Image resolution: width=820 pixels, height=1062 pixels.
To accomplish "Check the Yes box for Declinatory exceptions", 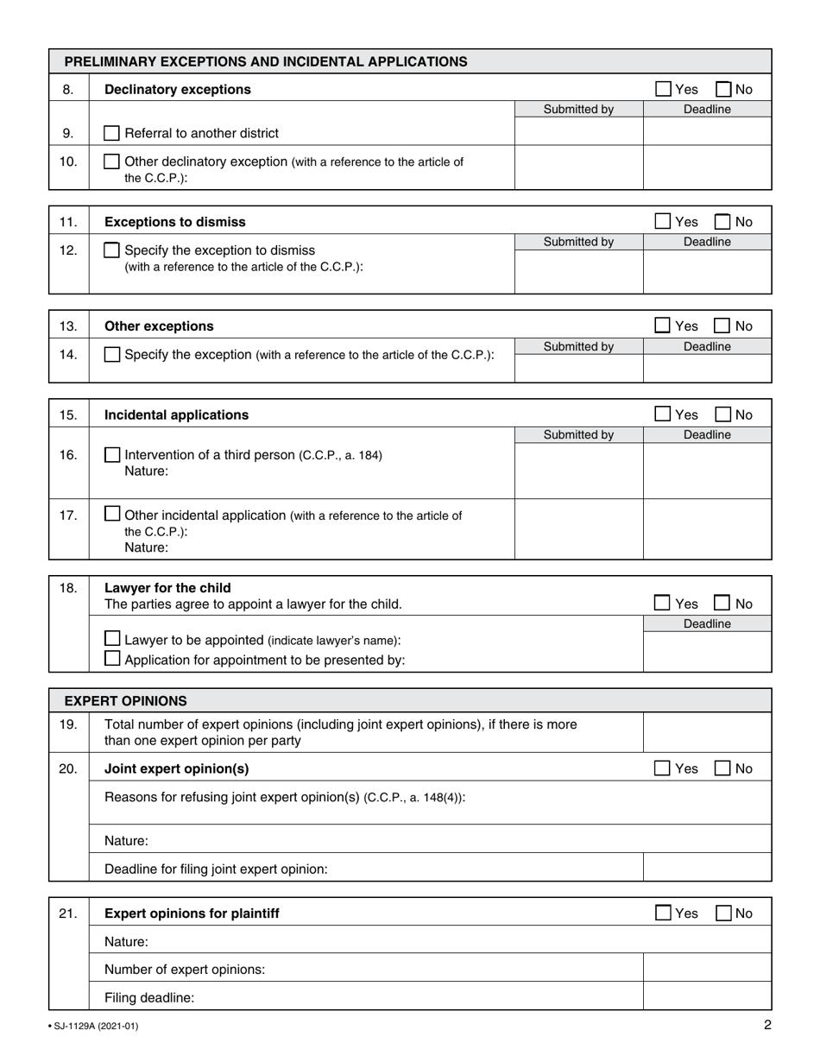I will [x=663, y=89].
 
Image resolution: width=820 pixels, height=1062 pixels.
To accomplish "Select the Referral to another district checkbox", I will [x=111, y=133].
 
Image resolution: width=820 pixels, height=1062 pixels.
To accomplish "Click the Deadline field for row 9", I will [x=707, y=131].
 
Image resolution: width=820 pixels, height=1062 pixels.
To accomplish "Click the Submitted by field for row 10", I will [x=578, y=167].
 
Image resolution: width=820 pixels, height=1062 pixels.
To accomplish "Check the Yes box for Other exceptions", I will [x=663, y=326].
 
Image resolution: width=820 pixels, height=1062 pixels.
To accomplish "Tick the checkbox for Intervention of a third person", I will [x=112, y=454].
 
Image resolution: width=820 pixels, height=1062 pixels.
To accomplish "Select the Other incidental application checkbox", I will [x=112, y=514].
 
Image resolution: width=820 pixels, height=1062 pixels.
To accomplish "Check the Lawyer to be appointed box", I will [x=112, y=639].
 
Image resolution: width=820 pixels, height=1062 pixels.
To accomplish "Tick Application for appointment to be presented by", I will [x=112, y=659].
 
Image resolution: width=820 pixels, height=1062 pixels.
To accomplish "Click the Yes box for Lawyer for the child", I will [x=663, y=604].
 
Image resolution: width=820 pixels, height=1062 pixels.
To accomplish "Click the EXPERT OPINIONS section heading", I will [x=125, y=700].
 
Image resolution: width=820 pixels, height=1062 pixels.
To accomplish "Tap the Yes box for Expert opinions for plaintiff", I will [x=663, y=913].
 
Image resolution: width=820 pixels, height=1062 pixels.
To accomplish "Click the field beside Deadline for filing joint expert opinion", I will [x=707, y=868].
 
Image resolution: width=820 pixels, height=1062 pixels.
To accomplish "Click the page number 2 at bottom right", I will [x=767, y=1026].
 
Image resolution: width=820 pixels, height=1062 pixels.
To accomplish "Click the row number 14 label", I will [x=68, y=354].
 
